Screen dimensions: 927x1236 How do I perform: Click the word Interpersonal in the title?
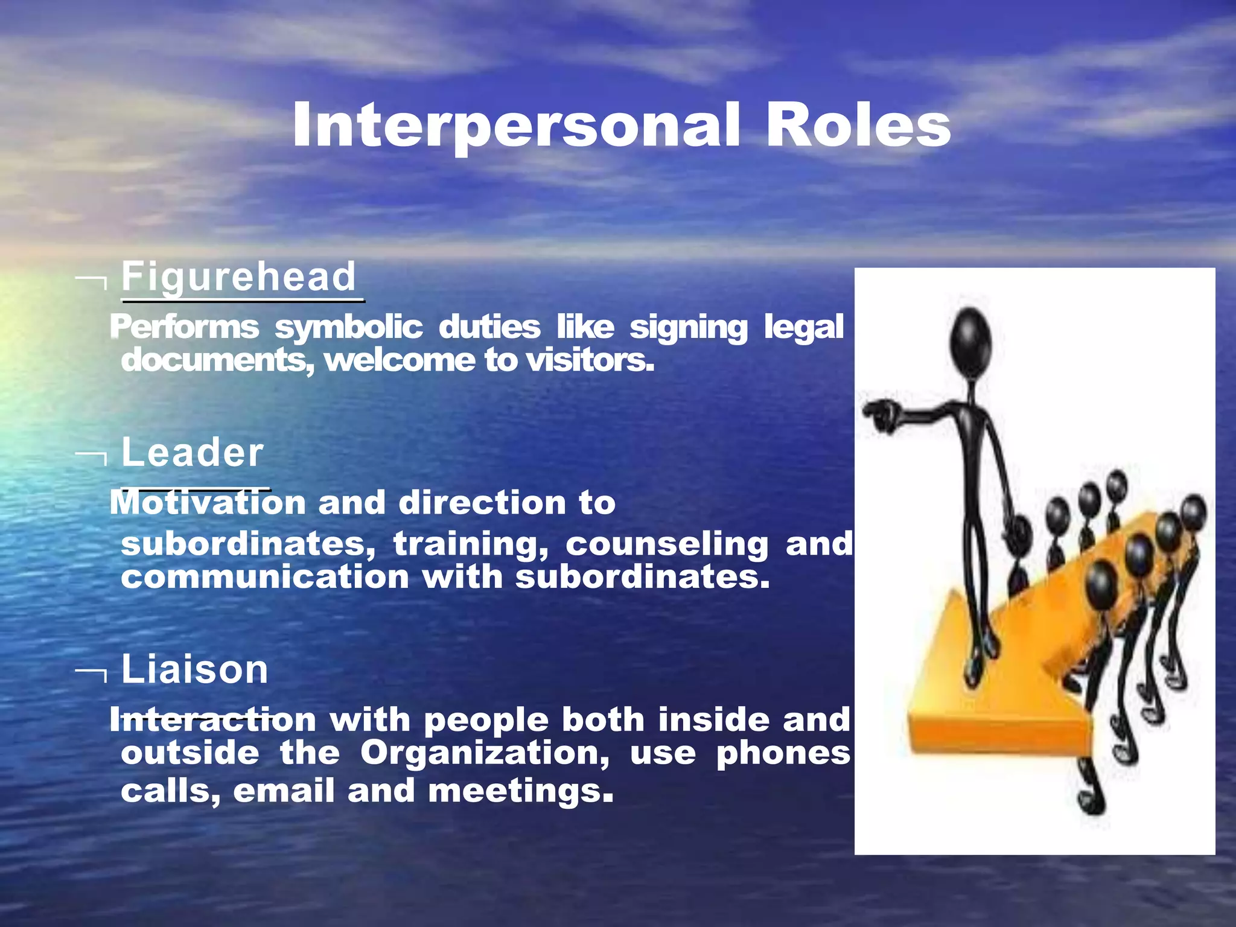[x=516, y=126]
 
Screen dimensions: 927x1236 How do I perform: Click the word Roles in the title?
[x=858, y=126]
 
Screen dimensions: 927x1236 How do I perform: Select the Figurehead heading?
[x=239, y=277]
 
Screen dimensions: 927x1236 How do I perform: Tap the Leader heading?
[x=193, y=453]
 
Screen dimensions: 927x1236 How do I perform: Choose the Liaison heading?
[x=195, y=669]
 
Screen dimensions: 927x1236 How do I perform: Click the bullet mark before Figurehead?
[x=92, y=281]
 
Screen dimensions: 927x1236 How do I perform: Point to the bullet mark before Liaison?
[x=92, y=674]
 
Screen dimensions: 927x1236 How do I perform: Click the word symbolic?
[x=348, y=328]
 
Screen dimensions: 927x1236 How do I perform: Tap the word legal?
[x=803, y=328]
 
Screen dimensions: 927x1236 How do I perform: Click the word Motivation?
[x=208, y=503]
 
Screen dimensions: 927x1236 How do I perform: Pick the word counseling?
[x=667, y=544]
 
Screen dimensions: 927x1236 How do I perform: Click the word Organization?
[x=485, y=754]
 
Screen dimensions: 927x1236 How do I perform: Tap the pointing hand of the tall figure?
[x=879, y=415]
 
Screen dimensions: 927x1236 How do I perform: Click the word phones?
[x=783, y=754]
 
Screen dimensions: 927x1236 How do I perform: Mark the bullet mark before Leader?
[x=92, y=457]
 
